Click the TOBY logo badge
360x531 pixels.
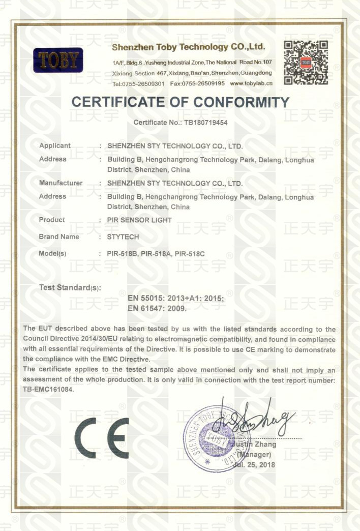pos(58,61)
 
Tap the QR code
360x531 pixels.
pos(306,63)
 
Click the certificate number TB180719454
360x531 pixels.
pos(202,123)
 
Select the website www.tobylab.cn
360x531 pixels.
pos(251,83)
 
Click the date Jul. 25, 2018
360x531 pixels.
pos(254,464)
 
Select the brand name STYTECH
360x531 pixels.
pos(123,237)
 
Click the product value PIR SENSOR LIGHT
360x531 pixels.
pos(140,220)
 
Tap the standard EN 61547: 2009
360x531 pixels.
pos(157,308)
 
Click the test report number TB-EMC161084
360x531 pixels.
pos(49,390)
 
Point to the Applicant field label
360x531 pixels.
pos(55,146)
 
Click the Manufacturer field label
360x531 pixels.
pos(61,183)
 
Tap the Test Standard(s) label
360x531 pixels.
pos(70,288)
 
